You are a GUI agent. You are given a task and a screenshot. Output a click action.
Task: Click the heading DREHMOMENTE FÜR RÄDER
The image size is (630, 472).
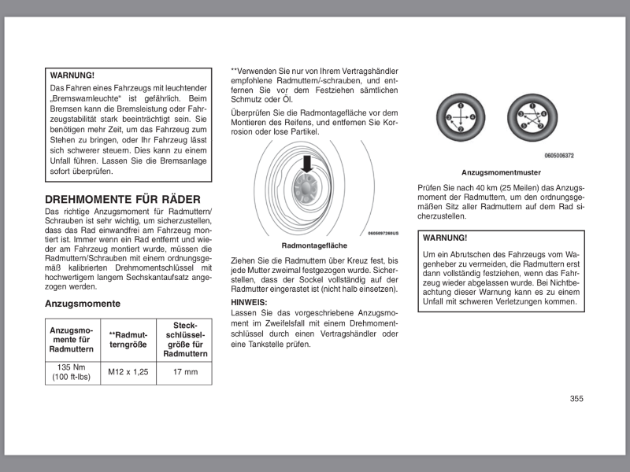coord(123,200)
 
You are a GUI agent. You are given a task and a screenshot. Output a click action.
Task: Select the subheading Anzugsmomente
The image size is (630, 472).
coord(83,303)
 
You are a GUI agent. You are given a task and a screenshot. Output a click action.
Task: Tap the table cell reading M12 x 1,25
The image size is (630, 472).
coord(128,372)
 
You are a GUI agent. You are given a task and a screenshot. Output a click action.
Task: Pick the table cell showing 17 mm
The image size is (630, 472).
coord(185,372)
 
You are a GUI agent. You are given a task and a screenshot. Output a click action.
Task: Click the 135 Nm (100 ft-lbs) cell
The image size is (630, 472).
coord(72,372)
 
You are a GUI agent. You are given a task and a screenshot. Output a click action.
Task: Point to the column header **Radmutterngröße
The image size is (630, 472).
coord(128,339)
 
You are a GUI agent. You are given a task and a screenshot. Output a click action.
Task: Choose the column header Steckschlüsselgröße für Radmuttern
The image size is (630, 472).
coord(185,339)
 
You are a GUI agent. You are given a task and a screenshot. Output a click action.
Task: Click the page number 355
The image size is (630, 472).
coord(576,399)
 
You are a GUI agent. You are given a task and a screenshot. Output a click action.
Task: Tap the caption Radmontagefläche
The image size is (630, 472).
coord(314,245)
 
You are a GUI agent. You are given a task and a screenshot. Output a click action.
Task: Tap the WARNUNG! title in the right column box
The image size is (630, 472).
coord(445,238)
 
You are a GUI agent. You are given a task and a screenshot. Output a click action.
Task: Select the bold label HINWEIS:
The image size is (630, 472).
coord(249,302)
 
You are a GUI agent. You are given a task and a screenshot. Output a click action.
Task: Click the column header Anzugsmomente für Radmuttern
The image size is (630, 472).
coord(72,339)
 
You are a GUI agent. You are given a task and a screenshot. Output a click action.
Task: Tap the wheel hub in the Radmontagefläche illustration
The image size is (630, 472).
coord(306,189)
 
